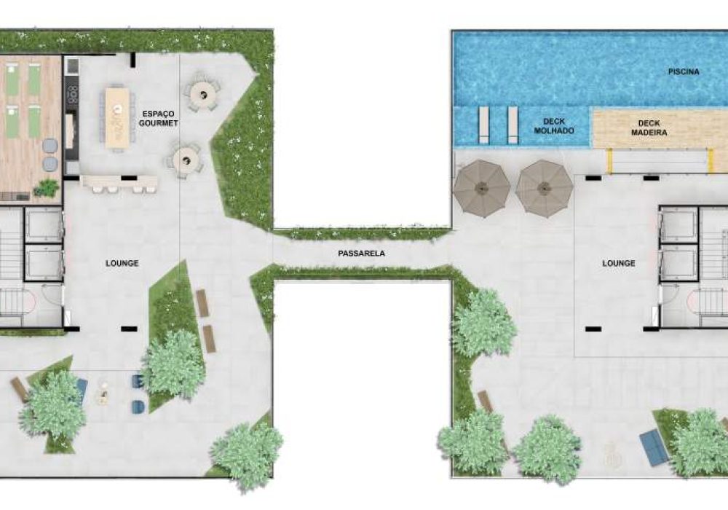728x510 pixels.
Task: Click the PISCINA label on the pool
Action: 684,71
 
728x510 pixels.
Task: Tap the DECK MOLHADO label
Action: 554,126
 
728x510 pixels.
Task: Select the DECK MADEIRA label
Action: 649,127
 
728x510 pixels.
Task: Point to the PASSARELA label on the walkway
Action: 361,253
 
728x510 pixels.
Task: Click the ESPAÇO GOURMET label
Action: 158,119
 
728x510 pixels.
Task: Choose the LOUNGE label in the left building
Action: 122,263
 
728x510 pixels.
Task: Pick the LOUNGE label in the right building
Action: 618,263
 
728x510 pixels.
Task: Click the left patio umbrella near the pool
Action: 481,188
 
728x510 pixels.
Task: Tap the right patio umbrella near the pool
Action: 544,188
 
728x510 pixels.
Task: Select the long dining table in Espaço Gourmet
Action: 117,118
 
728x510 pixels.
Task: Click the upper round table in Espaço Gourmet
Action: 203,95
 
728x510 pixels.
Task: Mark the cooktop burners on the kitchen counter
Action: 72,94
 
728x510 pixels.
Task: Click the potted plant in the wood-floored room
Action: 47,188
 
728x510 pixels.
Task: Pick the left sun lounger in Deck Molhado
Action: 483,125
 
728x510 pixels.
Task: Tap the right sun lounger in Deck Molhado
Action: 513,125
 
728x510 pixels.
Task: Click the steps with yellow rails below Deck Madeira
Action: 660,161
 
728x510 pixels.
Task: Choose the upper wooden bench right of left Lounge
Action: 202,303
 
